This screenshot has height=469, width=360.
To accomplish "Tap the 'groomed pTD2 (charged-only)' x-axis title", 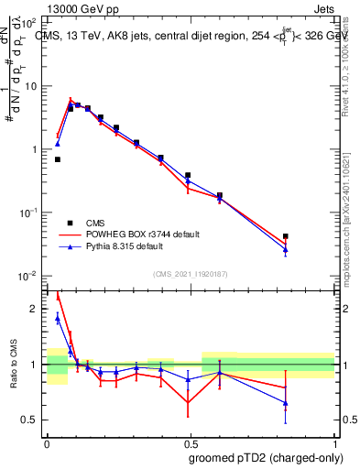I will point(267,457).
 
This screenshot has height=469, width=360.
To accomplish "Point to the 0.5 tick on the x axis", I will point(191,443).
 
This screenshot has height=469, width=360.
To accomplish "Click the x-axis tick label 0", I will point(48,443).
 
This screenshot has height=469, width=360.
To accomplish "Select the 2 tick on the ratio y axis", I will point(37,309).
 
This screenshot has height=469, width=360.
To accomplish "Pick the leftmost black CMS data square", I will point(57,159).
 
